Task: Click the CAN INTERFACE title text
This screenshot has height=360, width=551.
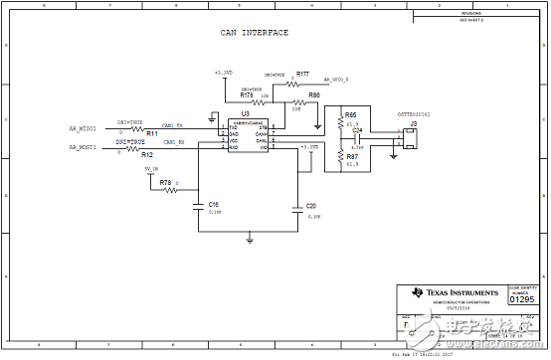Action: click(255, 33)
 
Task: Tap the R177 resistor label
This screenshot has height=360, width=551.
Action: click(302, 75)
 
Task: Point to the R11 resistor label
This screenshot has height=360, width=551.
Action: click(152, 133)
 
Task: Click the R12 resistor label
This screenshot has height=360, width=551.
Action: click(147, 155)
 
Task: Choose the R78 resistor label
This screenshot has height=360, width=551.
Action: click(165, 183)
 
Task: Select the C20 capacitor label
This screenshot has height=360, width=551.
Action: click(311, 205)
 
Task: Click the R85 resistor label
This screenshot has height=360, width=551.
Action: click(351, 115)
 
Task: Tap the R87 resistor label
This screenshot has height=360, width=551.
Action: click(352, 157)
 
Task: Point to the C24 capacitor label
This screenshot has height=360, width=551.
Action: click(358, 130)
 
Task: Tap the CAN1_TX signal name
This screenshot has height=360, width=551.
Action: click(172, 124)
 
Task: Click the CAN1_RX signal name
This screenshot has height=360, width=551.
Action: click(175, 143)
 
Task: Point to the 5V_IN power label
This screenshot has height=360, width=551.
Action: click(151, 169)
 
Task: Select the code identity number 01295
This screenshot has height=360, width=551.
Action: click(521, 297)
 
